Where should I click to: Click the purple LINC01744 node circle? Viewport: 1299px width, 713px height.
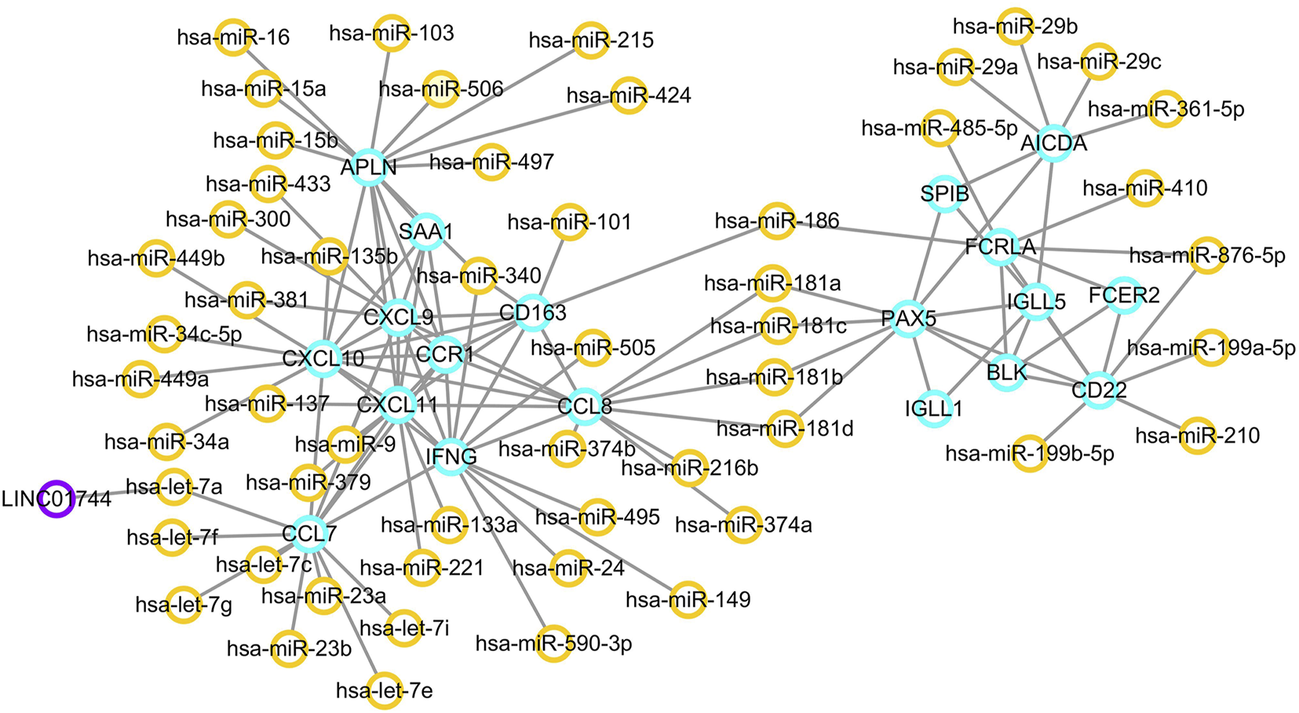tap(57, 499)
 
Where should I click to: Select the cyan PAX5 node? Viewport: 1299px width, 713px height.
tap(909, 319)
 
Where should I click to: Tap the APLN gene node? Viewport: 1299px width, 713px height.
tap(369, 166)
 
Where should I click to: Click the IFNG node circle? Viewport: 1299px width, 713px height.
tap(451, 456)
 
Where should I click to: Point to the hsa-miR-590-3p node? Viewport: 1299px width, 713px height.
tap(554, 644)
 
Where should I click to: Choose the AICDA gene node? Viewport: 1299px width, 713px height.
tap(1053, 144)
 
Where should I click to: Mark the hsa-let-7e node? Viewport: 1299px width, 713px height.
tap(385, 690)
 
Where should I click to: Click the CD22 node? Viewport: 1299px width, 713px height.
tap(1099, 389)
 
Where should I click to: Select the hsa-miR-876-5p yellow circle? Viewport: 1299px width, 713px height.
tap(1207, 255)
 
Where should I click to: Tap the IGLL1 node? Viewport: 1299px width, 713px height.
tap(933, 408)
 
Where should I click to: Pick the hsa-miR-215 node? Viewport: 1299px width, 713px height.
tap(591, 40)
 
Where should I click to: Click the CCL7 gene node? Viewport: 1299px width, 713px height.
tap(309, 534)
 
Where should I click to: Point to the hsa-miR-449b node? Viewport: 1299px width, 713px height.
tap(156, 258)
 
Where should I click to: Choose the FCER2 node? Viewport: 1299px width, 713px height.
tap(1124, 295)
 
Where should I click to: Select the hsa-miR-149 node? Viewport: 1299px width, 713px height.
tap(688, 600)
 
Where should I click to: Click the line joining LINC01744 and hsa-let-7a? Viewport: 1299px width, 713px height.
tap(118, 492)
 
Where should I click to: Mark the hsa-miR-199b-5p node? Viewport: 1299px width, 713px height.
tap(1030, 454)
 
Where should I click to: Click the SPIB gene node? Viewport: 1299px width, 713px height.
tap(945, 193)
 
